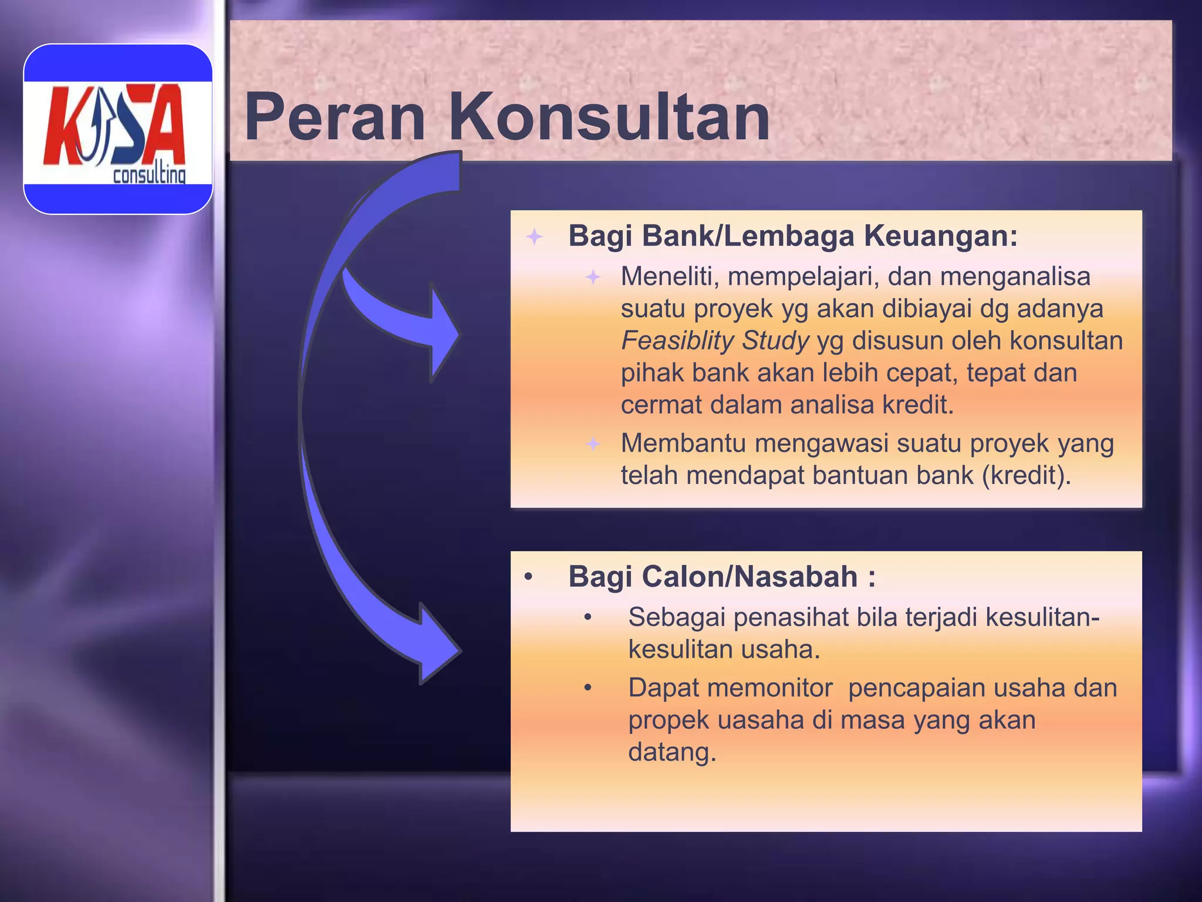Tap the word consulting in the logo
[149, 175]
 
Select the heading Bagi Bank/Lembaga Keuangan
[792, 236]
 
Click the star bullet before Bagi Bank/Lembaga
[534, 237]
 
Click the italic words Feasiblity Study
[715, 341]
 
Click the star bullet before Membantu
[593, 443]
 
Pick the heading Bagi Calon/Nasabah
[722, 577]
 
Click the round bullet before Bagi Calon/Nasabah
[528, 577]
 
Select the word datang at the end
[672, 752]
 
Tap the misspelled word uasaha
[761, 721]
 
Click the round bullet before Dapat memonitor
[588, 688]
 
